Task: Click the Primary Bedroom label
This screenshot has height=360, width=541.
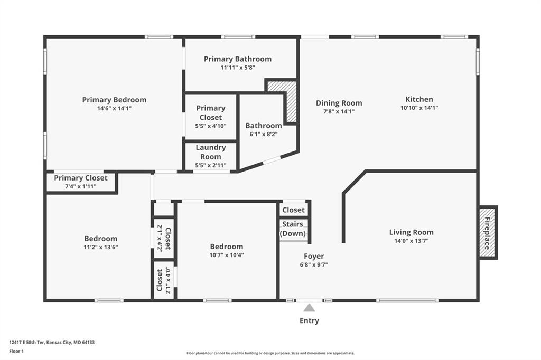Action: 114,100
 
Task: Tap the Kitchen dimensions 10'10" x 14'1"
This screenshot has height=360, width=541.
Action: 419,108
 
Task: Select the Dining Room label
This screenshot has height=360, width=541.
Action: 339,103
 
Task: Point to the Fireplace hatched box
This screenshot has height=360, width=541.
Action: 487,232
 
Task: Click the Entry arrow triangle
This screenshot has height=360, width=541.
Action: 309,308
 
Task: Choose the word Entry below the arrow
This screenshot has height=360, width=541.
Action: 309,320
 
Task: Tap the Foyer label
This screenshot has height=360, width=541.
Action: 314,256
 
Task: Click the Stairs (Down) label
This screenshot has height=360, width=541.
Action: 293,229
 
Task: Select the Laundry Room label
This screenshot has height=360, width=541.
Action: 211,152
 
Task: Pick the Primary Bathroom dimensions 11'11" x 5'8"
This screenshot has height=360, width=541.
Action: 238,68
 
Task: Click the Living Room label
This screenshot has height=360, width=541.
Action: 411,232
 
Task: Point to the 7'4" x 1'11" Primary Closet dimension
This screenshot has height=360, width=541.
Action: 81,186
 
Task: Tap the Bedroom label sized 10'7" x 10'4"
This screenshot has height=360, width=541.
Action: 227,247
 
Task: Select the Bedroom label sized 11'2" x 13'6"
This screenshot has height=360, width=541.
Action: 101,239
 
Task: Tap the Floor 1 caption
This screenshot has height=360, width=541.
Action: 16,352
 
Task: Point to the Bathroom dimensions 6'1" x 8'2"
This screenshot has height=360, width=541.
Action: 264,134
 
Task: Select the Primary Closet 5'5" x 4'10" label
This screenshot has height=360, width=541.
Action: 211,117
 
